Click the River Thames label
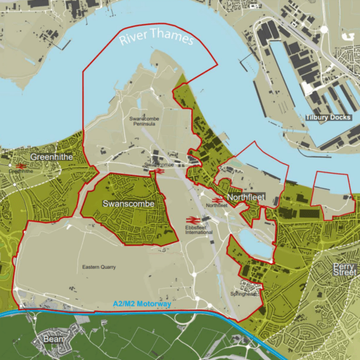(156, 38)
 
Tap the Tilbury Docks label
(329, 118)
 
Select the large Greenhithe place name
(52, 157)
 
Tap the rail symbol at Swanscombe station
(158, 170)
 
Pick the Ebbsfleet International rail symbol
(191, 220)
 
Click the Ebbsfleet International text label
(199, 229)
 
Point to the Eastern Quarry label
(98, 267)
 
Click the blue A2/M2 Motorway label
(142, 304)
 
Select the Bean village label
(53, 340)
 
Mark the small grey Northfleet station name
(216, 206)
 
